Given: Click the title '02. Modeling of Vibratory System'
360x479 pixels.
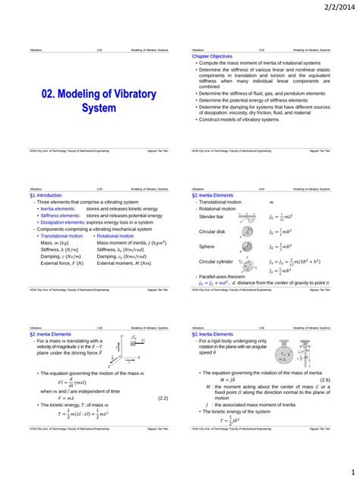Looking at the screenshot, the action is coord(98,101).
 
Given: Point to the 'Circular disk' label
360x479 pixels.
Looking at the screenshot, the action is coord(213,231).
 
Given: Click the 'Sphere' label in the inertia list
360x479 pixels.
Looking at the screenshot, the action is coord(207,246).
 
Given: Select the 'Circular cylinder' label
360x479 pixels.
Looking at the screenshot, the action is coord(216,260).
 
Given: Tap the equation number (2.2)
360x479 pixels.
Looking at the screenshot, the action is coord(163,397).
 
